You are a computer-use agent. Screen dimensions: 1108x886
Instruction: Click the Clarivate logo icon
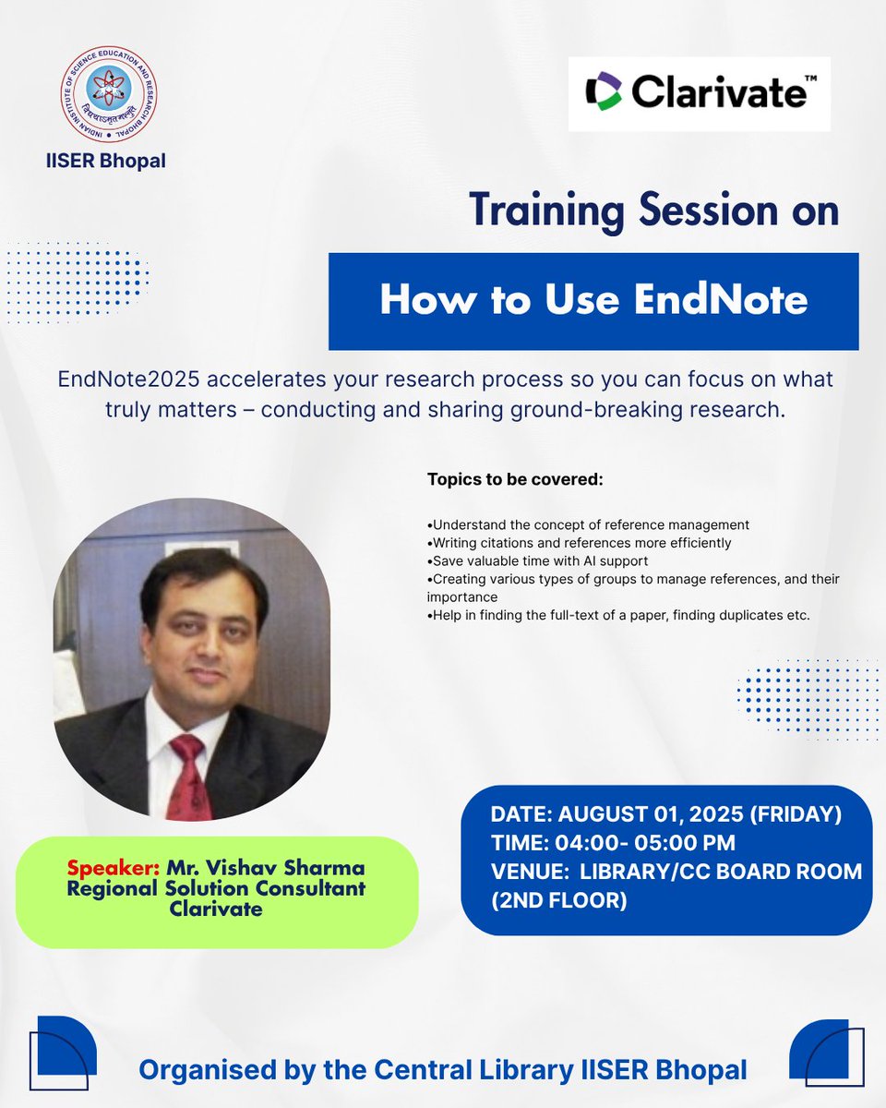tap(605, 93)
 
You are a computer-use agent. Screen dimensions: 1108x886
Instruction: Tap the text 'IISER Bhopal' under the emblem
tap(106, 161)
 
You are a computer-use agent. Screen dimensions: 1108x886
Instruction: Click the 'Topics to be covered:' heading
tap(515, 480)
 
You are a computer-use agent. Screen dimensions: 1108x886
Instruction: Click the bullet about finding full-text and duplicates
tap(619, 614)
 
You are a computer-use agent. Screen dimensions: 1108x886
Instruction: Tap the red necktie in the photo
tap(189, 776)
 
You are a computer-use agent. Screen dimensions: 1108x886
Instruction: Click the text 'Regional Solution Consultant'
tap(216, 888)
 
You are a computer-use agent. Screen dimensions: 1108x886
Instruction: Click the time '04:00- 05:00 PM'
tap(646, 842)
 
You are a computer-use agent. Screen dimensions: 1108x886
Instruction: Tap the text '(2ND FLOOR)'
tap(558, 899)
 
